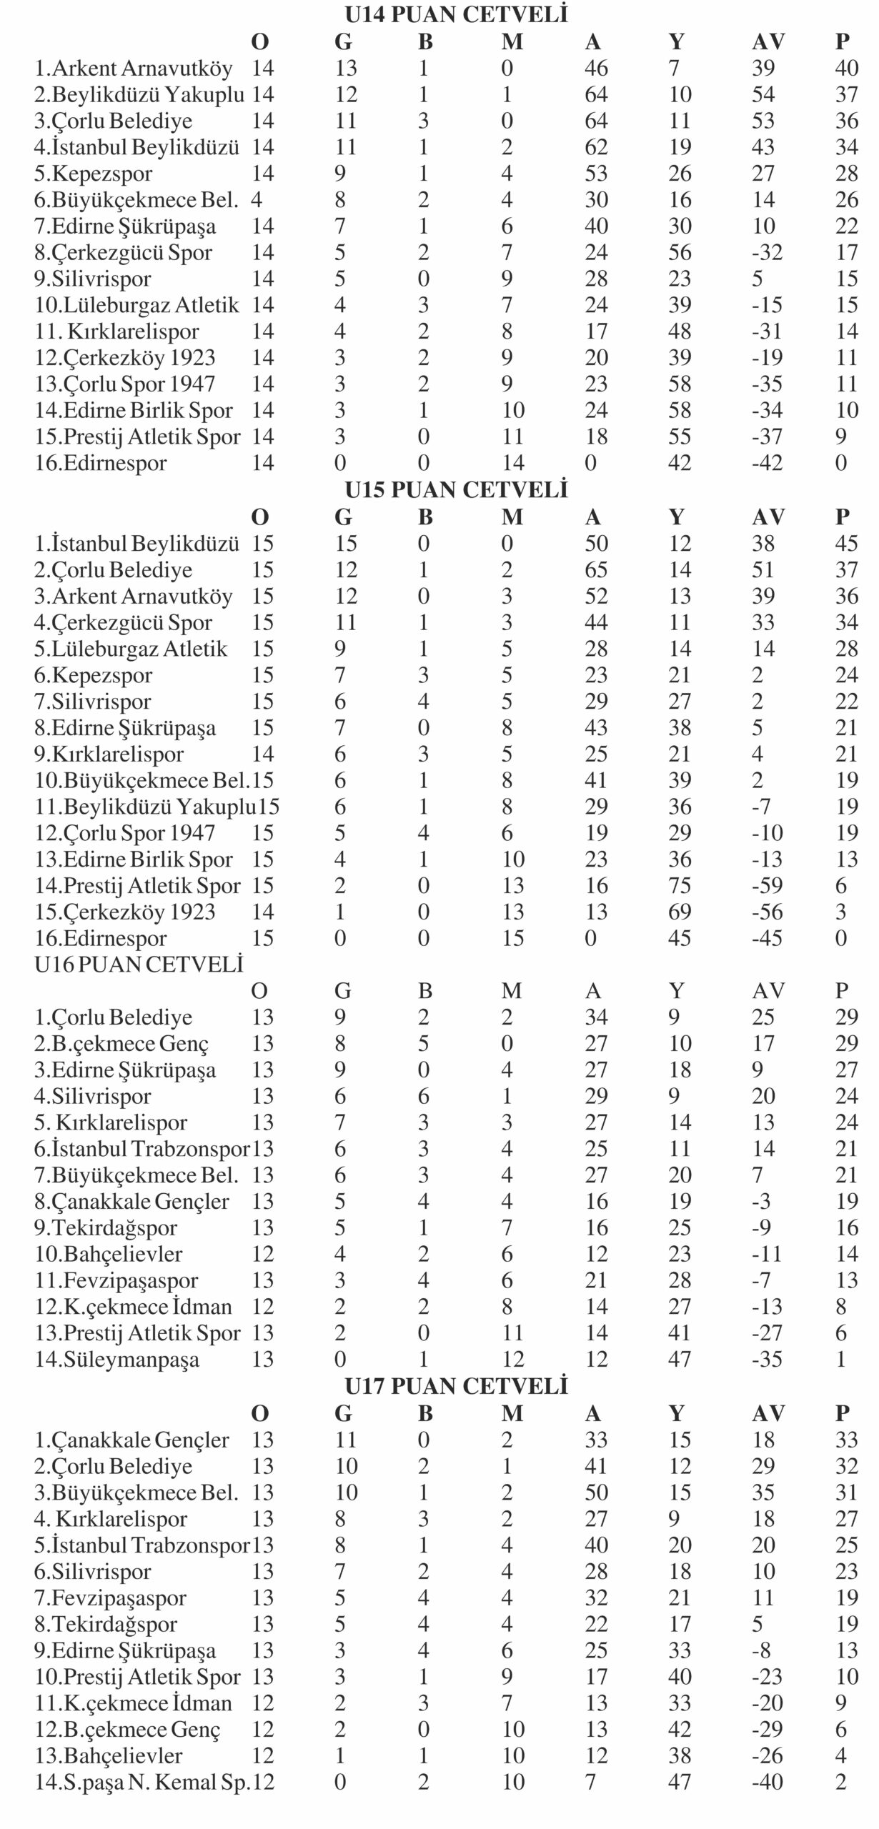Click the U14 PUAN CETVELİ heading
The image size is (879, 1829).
(x=456, y=15)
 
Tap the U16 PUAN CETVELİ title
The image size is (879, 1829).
(x=139, y=965)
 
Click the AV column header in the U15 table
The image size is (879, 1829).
(x=768, y=517)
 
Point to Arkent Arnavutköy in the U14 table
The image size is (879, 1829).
(x=134, y=69)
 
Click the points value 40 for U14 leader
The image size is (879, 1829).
(x=846, y=69)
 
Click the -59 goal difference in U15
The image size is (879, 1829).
(x=767, y=886)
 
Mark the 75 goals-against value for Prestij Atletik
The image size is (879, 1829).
(x=679, y=886)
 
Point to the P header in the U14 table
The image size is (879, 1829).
(x=842, y=41)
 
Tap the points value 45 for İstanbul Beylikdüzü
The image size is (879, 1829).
(x=846, y=544)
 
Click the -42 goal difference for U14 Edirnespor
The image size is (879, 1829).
(x=767, y=463)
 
